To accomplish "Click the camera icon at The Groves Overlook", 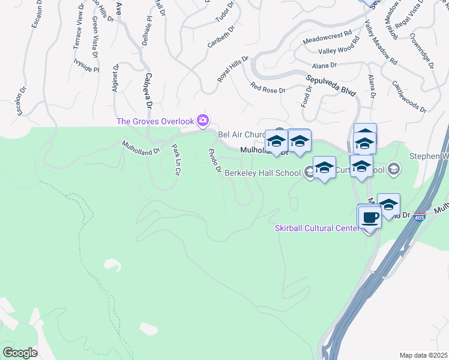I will tap(203, 121).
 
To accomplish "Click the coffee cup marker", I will tap(370, 217).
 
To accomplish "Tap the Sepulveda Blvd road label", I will tap(331, 85).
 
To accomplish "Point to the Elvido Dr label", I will tap(214, 161).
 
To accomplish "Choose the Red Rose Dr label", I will tap(268, 87).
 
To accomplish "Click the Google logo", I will tap(20, 352).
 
